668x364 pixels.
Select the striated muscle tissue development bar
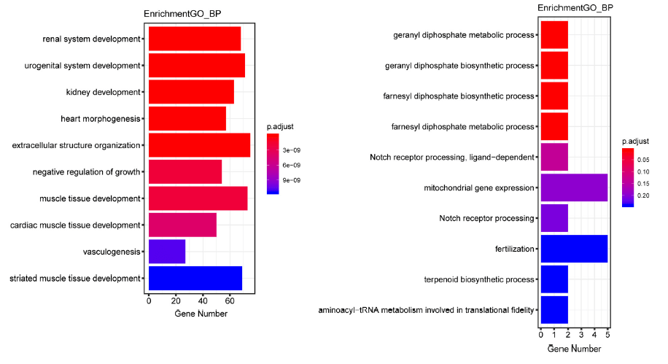coord(195,278)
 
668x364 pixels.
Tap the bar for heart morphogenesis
coord(187,118)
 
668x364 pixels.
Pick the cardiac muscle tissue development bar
coord(182,225)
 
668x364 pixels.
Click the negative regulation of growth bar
coord(185,171)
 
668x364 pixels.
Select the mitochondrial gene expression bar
coord(574,187)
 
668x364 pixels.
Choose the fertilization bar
coord(574,249)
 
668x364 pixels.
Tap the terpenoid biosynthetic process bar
coord(554,279)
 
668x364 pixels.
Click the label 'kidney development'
coord(102,92)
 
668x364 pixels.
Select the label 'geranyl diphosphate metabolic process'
coord(464,35)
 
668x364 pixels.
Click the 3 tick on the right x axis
coord(581,335)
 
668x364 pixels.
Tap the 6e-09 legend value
coord(292,165)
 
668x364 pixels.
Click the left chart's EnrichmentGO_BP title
coord(177,15)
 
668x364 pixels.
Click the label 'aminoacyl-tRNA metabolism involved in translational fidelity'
coord(427,310)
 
